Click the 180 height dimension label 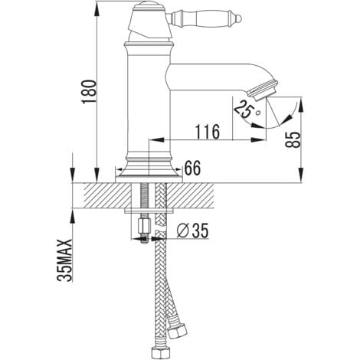(x=89, y=91)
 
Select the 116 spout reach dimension (x=208, y=132)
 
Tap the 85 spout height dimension (x=293, y=139)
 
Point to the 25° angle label (x=246, y=109)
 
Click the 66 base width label (x=193, y=168)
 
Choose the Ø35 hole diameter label (x=193, y=231)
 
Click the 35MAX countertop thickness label (x=64, y=260)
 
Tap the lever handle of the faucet (x=205, y=18)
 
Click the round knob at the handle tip (x=239, y=18)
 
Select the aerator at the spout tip (x=263, y=90)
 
